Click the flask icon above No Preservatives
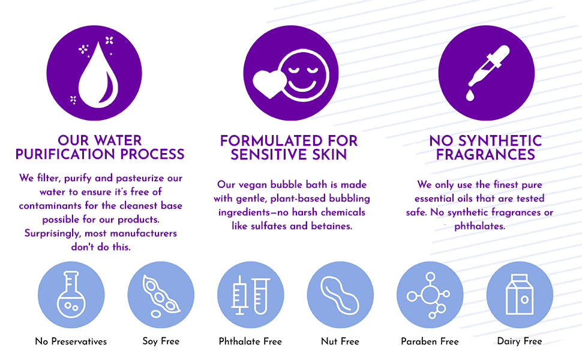71,295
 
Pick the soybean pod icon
160,295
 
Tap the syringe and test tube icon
250,295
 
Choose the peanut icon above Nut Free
340,295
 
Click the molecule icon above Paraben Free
429,295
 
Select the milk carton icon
519,295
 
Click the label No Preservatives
71,341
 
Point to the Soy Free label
161,341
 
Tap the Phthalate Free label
250,341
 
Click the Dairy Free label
519,341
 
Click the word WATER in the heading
118,141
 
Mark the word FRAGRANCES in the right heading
485,155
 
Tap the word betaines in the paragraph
333,226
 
